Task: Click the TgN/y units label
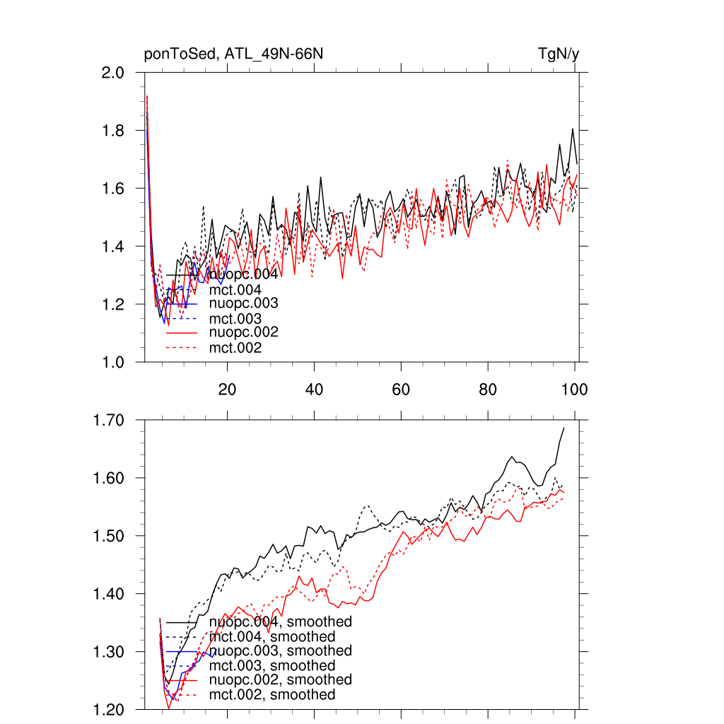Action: click(559, 54)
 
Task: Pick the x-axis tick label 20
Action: click(227, 390)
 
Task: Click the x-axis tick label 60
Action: click(401, 390)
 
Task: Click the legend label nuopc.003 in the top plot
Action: click(243, 304)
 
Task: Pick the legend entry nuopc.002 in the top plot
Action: click(243, 333)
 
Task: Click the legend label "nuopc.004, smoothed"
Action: click(281, 622)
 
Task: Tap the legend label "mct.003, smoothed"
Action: click(272, 666)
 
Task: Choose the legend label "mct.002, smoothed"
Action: click(272, 695)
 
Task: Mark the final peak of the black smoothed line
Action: click(564, 428)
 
